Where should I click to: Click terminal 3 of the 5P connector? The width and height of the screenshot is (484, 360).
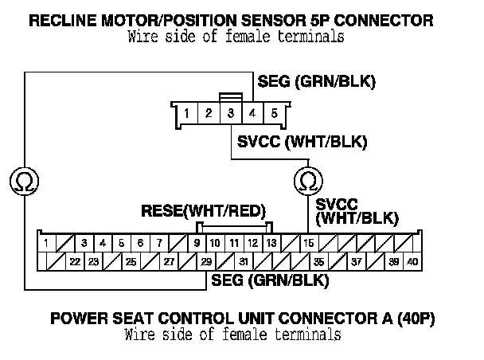(x=230, y=114)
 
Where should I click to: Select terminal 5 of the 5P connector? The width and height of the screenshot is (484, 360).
(x=273, y=114)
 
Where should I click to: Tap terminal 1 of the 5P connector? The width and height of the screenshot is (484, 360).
(x=186, y=114)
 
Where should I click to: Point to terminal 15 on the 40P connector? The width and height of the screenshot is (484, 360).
(x=309, y=243)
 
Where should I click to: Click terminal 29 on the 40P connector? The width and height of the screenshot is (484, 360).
(x=206, y=261)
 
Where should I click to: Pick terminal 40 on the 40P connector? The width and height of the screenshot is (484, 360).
(x=412, y=261)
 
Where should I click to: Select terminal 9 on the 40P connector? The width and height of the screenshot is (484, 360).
(x=197, y=243)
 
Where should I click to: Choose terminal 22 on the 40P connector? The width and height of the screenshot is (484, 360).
(x=73, y=261)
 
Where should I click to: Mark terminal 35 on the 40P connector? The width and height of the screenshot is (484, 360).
(x=318, y=261)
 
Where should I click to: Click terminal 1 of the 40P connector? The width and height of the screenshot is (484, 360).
(x=47, y=243)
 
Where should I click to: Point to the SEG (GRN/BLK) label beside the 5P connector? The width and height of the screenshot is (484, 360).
(x=316, y=82)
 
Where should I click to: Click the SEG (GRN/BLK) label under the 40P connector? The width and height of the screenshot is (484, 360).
(x=270, y=280)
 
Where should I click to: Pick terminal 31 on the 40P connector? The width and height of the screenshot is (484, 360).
(x=244, y=261)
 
